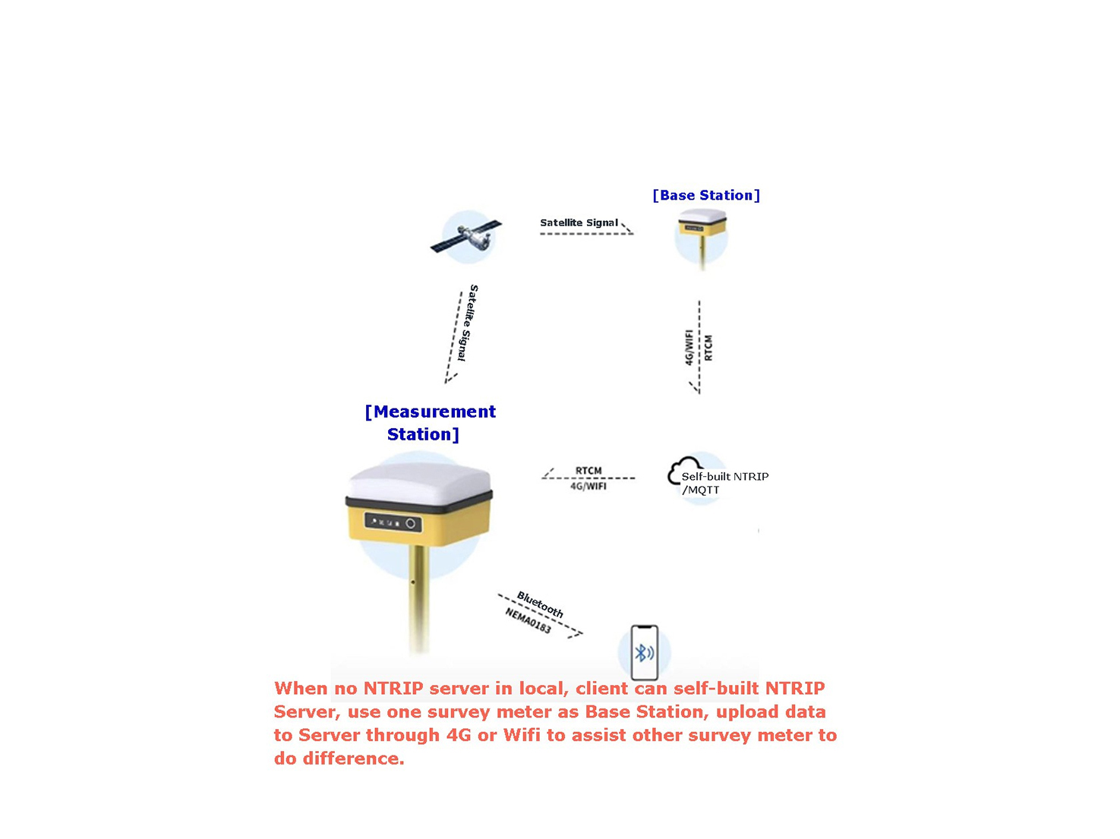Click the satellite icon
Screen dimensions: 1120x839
(466, 236)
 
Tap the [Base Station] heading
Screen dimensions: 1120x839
(706, 195)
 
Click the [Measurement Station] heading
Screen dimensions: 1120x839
(430, 423)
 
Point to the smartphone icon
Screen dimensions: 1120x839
(645, 652)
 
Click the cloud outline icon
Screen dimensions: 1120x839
(683, 470)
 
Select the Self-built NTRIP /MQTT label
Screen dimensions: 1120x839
(725, 483)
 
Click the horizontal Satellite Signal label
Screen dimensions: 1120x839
(579, 223)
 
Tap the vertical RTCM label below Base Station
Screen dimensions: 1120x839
(708, 348)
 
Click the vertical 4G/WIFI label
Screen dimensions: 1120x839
(689, 347)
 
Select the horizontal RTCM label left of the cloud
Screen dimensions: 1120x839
(588, 470)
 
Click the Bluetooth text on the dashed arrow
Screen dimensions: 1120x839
(541, 604)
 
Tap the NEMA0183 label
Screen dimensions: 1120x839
(528, 620)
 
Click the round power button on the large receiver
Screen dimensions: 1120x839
(410, 523)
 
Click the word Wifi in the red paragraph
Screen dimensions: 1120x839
(522, 735)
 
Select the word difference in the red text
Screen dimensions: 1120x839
(354, 759)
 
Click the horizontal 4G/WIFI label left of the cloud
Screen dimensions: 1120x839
(588, 486)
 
